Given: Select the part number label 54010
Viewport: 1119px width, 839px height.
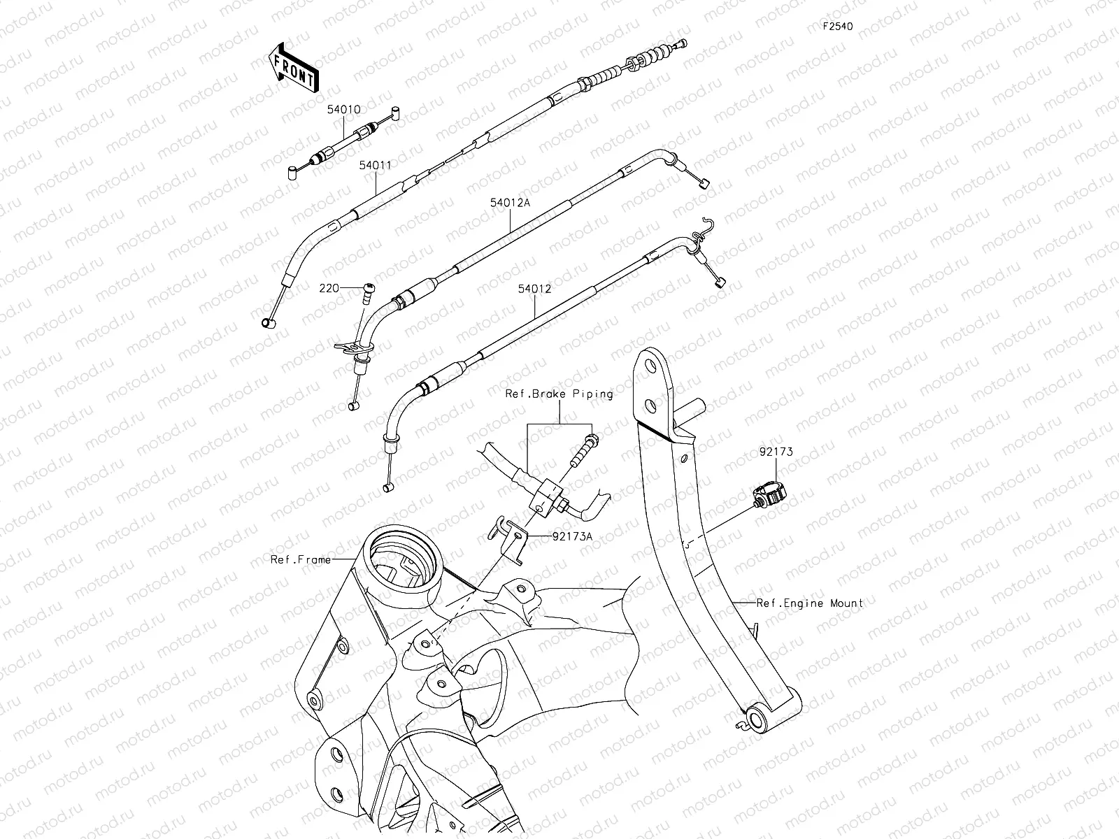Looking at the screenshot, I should tap(343, 110).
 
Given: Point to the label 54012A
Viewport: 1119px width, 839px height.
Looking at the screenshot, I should tap(510, 203).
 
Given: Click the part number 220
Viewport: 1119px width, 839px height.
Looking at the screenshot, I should tap(329, 287).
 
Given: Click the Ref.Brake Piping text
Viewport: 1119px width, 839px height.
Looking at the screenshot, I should tap(559, 394).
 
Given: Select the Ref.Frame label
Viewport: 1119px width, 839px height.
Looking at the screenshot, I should tap(301, 559).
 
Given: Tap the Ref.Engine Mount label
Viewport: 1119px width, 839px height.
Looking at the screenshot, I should tap(810, 603).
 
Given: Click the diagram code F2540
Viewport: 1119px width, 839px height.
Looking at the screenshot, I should tap(837, 27).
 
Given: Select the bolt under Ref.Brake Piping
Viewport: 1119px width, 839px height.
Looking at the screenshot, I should tap(584, 452).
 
